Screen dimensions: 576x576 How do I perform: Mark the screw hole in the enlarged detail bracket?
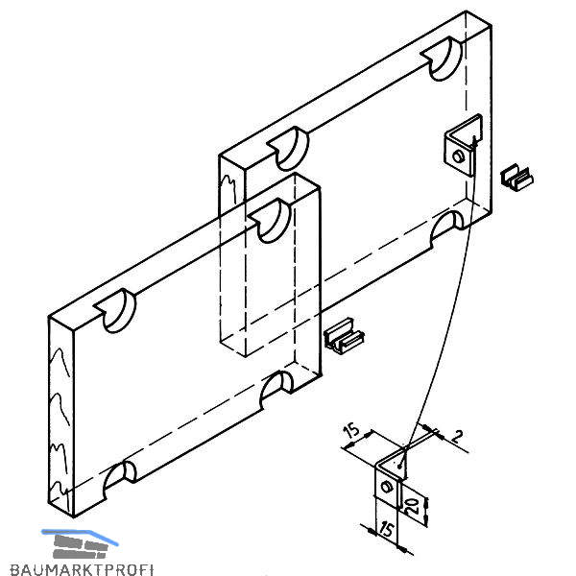(x=385, y=487)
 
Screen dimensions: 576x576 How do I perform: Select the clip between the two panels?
(x=345, y=338)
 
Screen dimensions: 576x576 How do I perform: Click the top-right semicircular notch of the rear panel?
(x=443, y=59)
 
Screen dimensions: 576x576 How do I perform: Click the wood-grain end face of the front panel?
(x=60, y=413)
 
